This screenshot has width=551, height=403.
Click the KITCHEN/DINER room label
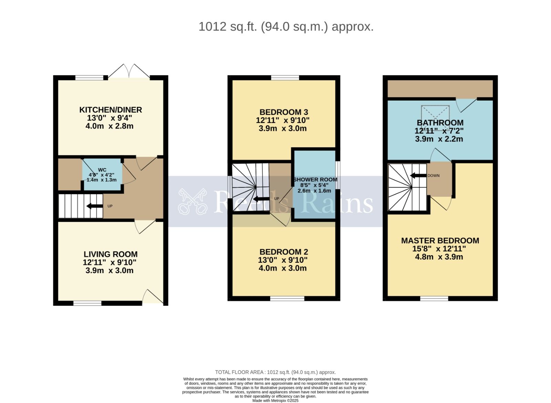[x=111, y=110]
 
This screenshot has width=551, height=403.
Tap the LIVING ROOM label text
[x=111, y=254]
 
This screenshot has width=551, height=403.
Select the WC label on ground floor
[x=102, y=170]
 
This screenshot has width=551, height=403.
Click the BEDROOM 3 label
[x=283, y=112]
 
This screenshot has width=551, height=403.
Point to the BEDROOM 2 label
[x=283, y=252]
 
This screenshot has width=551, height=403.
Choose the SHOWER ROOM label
[x=315, y=179]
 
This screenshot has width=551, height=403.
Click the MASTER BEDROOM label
[x=440, y=240]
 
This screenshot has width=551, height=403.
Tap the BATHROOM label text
[x=440, y=123]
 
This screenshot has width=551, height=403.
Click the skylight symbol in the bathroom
[x=435, y=113]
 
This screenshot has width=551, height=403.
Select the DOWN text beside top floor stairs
[x=433, y=176]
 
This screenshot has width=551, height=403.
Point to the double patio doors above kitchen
[x=129, y=71]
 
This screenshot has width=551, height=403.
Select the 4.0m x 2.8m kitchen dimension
[x=109, y=126]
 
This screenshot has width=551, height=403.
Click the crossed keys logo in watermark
[x=193, y=201]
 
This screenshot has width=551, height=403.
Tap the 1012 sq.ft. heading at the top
[x=286, y=27]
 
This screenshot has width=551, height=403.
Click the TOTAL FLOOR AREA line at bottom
[x=275, y=372]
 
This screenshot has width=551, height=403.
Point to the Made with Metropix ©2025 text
[x=275, y=401]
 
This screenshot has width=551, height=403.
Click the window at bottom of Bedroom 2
[x=287, y=299]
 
